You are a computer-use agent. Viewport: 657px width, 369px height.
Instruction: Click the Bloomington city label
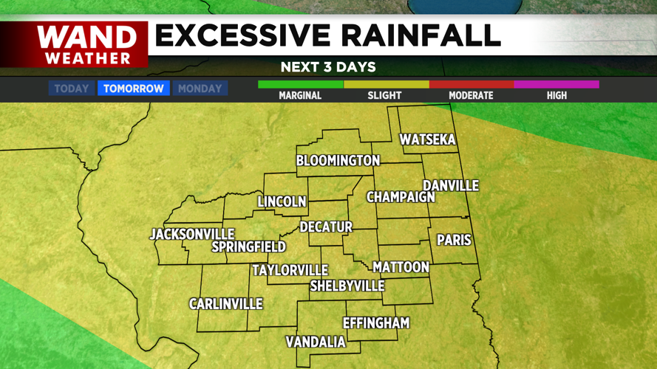(x=338, y=160)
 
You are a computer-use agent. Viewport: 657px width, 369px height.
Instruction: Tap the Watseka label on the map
(x=427, y=139)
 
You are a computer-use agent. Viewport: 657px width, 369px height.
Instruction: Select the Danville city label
(x=451, y=186)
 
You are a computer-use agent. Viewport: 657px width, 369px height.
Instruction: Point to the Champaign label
(x=401, y=197)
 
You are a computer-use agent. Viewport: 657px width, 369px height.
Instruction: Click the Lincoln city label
(x=282, y=201)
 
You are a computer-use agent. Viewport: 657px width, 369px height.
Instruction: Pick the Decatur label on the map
(x=326, y=227)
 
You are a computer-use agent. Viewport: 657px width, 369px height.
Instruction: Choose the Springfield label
(x=248, y=246)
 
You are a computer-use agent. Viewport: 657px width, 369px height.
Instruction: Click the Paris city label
(x=454, y=240)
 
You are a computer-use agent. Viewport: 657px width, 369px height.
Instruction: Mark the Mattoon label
(x=401, y=266)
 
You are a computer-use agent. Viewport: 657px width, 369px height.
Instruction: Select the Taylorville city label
(x=290, y=270)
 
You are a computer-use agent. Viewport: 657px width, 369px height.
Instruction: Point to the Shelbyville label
(x=347, y=286)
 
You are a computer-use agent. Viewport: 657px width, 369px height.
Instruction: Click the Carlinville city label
(x=225, y=304)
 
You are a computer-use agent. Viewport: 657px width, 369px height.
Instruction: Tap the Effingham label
(x=375, y=323)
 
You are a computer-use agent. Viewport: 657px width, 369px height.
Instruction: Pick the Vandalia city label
(x=316, y=342)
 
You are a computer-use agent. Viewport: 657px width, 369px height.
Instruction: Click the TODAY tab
(x=72, y=89)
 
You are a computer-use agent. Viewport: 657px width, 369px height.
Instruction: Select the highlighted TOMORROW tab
(x=134, y=89)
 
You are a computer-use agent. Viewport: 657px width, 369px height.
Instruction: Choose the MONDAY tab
(x=200, y=89)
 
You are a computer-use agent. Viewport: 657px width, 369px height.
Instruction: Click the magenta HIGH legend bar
(x=556, y=85)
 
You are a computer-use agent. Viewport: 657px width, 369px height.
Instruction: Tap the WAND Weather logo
(x=87, y=45)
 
